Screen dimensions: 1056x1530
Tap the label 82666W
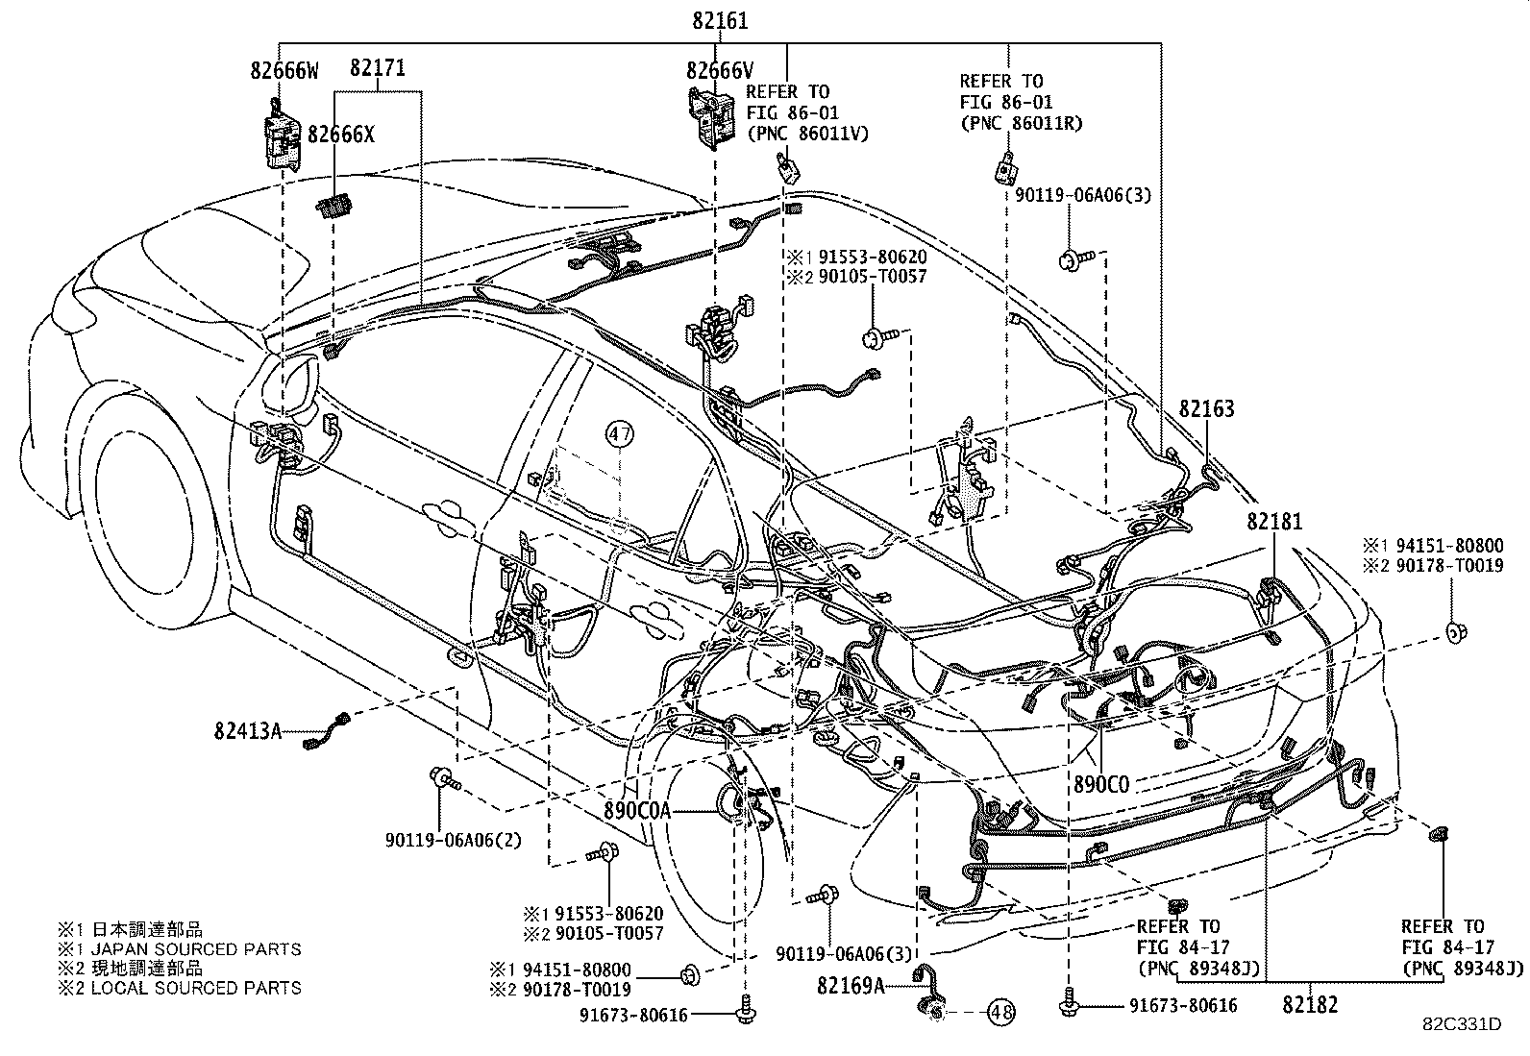pos(284,70)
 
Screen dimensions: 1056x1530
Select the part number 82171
pos(377,68)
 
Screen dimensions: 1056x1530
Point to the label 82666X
pos(341,134)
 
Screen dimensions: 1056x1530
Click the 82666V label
pos(720,70)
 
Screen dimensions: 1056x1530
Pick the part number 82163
pos(1207,408)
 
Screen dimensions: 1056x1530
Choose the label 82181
pos(1274,522)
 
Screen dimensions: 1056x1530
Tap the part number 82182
pos(1310,1005)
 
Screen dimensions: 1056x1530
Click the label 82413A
pos(248,731)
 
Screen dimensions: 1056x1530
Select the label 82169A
pos(851,984)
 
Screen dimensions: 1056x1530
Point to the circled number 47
pos(620,434)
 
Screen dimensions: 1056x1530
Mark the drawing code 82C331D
pos(1462,1024)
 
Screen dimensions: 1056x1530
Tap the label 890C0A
pos(636,810)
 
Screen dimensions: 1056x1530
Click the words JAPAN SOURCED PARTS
pos(196,949)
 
